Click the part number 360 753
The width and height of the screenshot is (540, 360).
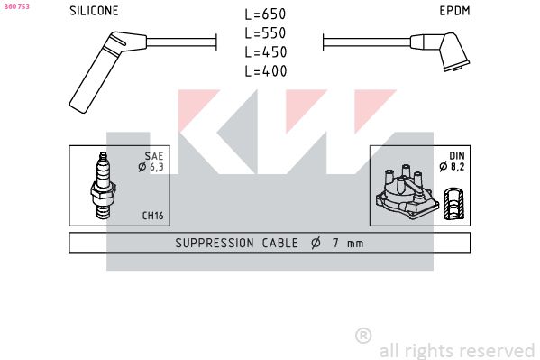16,6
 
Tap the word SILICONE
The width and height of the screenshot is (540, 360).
94,11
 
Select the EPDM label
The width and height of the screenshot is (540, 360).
454,11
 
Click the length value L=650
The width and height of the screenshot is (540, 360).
265,14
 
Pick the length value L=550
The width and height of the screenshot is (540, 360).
265,33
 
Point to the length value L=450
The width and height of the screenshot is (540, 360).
266,52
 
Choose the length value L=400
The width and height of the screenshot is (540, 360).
266,71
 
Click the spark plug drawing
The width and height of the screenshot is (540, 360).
103,185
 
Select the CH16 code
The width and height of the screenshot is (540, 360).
153,216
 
